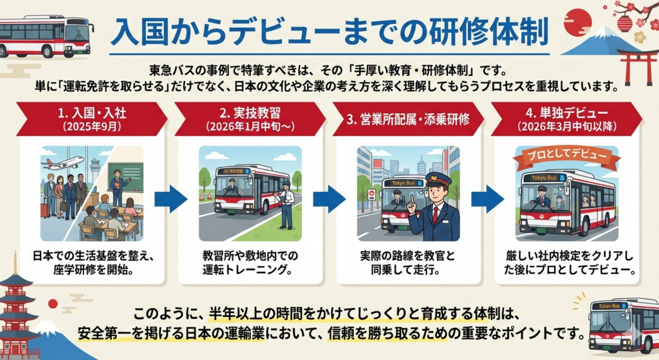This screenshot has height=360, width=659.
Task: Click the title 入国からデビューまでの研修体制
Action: point(329,33)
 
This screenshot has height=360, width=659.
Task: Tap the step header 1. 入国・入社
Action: point(92,113)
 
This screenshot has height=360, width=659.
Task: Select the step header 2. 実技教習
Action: point(250,113)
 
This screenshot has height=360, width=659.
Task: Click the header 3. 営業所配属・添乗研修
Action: point(408,119)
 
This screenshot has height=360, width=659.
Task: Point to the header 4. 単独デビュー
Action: point(566,113)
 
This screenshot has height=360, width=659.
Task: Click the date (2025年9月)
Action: point(92,126)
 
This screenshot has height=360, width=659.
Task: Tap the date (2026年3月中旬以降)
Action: point(566,126)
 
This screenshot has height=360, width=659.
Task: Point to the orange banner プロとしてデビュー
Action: point(566,156)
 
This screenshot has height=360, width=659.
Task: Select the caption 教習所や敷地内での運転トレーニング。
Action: point(250,262)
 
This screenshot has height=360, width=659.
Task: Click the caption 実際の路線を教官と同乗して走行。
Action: point(407,262)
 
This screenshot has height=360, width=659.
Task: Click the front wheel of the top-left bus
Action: point(48,51)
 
